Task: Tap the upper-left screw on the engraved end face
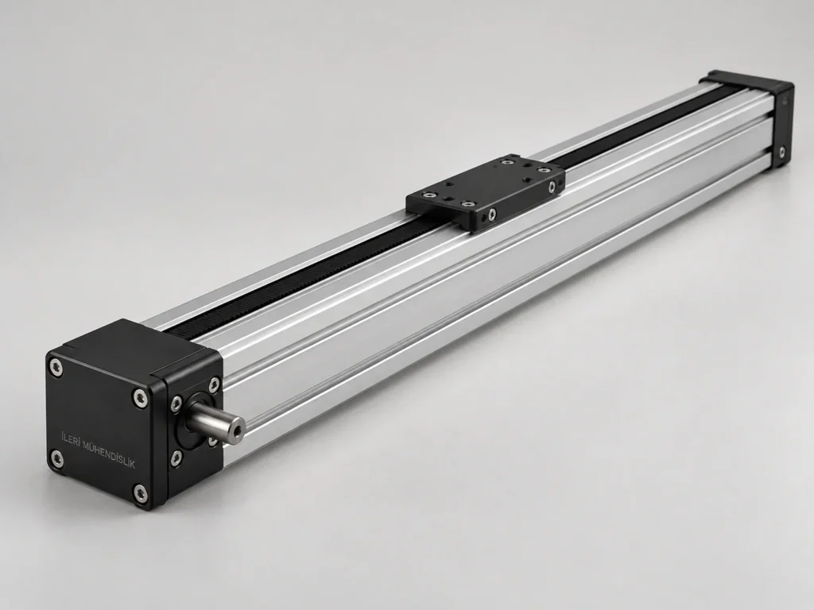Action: pyautogui.click(x=56, y=368)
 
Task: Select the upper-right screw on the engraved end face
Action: pyautogui.click(x=140, y=397)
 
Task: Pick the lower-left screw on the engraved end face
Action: pyautogui.click(x=56, y=457)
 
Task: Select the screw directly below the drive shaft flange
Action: pyautogui.click(x=177, y=457)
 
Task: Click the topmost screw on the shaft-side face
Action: pyautogui.click(x=213, y=384)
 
